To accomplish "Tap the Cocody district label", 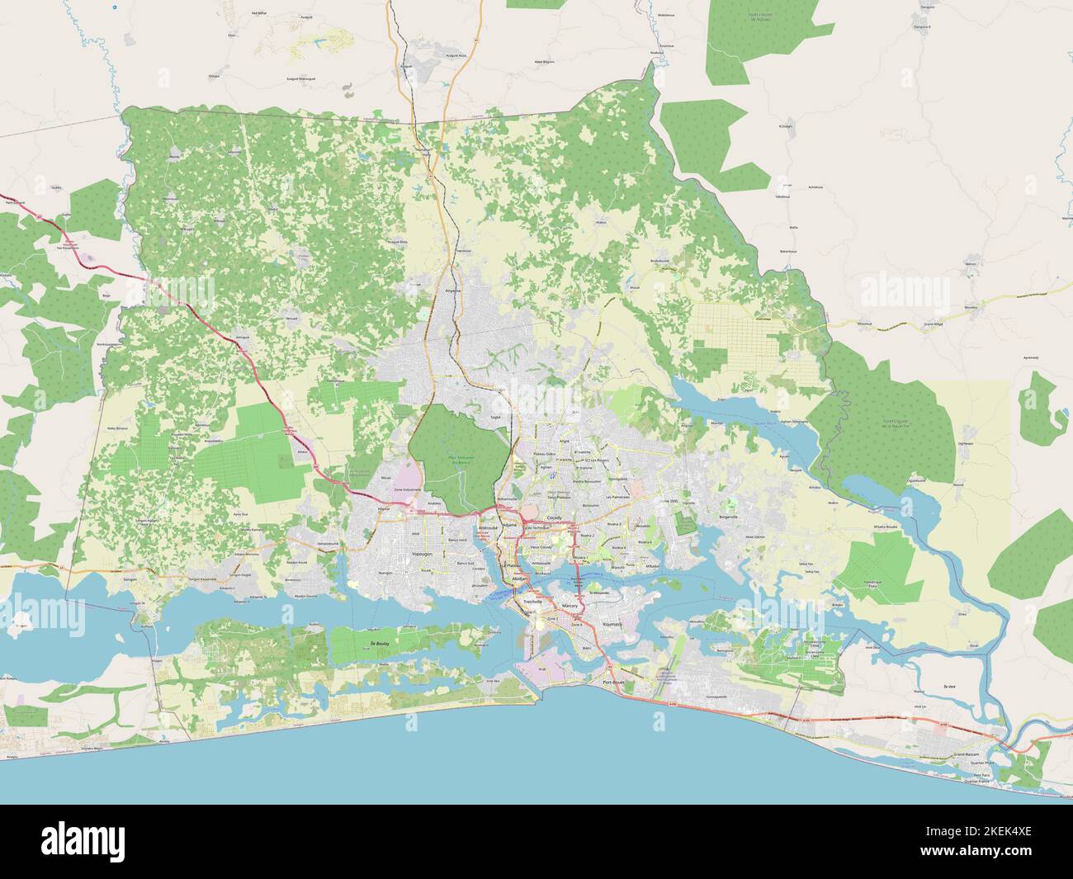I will tap(555, 517).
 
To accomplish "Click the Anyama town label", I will tap(453, 290).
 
